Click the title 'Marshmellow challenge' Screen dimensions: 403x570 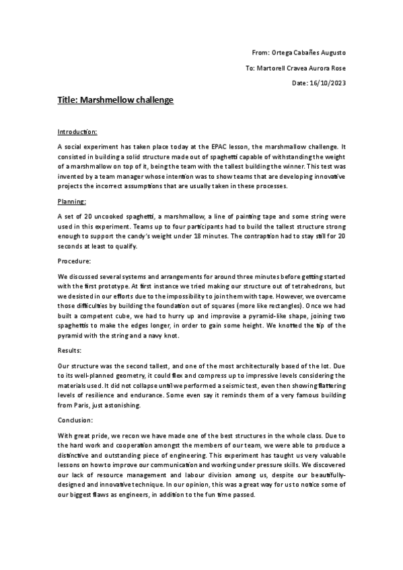pos(116,99)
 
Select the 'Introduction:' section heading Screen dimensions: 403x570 pos(77,131)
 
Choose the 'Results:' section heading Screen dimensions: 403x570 pos(70,350)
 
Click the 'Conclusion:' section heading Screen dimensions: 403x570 pos(76,419)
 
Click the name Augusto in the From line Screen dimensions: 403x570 pos(330,52)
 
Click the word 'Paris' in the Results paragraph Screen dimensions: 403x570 pos(92,405)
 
